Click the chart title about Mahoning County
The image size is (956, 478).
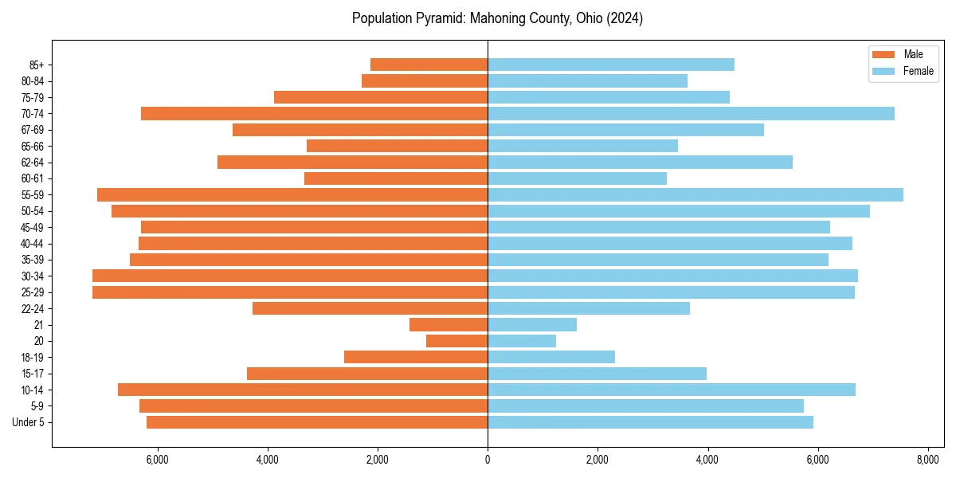(x=497, y=18)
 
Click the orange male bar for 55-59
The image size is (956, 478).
(x=292, y=194)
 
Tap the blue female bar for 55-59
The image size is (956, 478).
(x=695, y=194)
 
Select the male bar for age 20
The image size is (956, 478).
(x=456, y=341)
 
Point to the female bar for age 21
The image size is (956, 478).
(x=531, y=324)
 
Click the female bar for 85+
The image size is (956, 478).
(x=610, y=65)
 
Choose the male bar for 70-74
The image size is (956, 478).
(x=314, y=113)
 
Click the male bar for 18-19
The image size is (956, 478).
(x=416, y=357)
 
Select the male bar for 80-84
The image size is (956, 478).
(x=425, y=80)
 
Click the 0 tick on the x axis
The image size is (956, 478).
(x=488, y=460)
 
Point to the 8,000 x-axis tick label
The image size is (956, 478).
(x=927, y=460)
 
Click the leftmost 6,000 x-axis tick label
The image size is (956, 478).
(x=158, y=460)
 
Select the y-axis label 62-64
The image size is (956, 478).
(x=32, y=162)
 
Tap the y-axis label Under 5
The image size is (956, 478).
(x=28, y=422)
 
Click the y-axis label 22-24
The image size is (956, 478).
(x=32, y=308)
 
